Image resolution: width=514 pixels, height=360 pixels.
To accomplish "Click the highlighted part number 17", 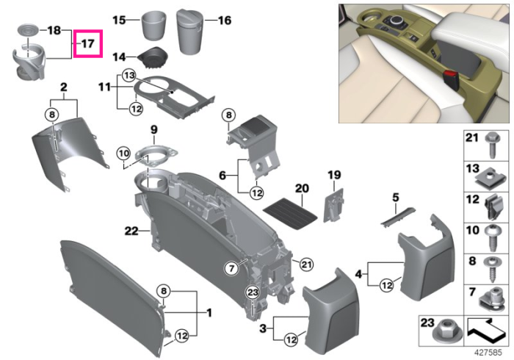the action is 87,43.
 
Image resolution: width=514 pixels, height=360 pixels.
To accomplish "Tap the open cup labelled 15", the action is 153,25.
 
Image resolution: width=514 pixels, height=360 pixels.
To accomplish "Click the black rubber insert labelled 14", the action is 153,58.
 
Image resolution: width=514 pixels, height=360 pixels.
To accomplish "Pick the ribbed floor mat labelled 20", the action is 291,215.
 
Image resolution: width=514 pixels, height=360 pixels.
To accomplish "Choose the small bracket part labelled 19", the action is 333,205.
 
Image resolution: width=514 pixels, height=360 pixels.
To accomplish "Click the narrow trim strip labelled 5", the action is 398,216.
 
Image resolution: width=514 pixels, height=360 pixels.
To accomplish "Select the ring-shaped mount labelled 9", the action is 156,156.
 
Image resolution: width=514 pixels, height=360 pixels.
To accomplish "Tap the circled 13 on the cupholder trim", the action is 128,76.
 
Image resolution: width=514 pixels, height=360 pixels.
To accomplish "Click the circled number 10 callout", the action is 123,153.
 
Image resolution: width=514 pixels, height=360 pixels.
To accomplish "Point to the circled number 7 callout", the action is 232,268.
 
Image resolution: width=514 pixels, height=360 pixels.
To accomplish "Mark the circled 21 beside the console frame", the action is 306,264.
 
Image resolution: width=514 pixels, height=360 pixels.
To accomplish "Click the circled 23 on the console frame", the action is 253,292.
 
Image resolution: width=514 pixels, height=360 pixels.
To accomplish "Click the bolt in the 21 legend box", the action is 492,145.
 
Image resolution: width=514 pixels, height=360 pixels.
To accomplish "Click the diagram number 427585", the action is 488,353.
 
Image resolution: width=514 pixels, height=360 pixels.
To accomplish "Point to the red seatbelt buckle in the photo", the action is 450,80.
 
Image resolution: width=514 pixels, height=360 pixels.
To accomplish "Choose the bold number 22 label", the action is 131,231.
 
